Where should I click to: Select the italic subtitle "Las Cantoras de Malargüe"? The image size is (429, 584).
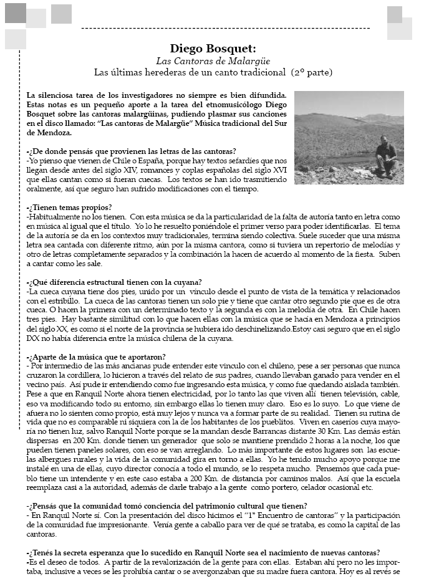213,60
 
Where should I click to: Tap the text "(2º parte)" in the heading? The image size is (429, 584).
312,72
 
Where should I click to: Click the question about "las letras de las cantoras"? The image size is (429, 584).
132,151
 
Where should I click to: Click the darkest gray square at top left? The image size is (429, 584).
15,13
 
